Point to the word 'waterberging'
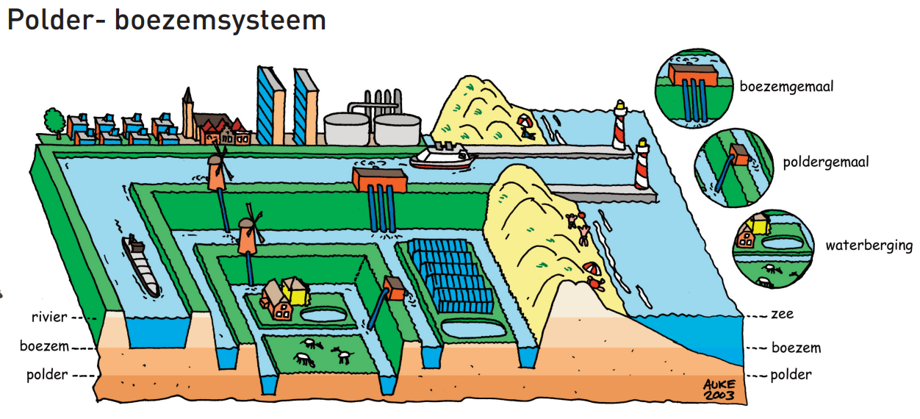[x=869, y=246]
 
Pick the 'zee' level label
[x=782, y=315]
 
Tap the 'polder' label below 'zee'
[x=791, y=375]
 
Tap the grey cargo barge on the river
[x=141, y=265]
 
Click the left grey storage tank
[x=347, y=129]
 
